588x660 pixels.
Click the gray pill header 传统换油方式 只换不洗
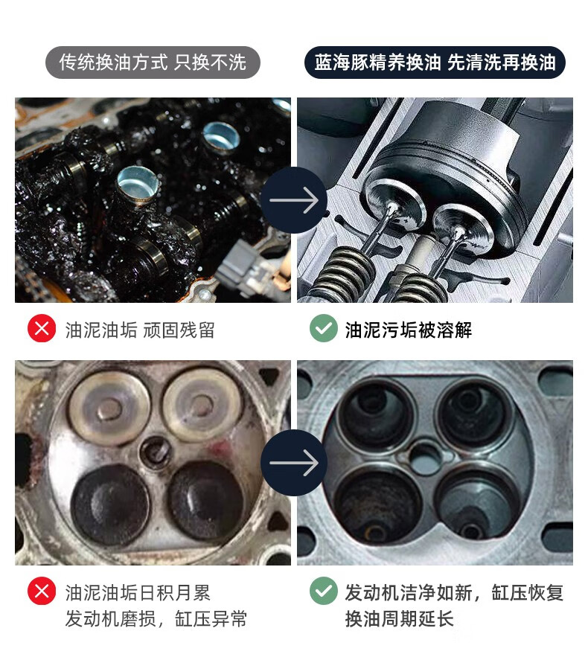click(x=153, y=62)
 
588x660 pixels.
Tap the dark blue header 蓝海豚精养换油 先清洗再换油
click(x=435, y=62)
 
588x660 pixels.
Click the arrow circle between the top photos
click(x=293, y=200)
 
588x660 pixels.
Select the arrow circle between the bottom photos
click(x=293, y=463)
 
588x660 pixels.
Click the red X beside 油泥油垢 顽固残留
click(x=42, y=329)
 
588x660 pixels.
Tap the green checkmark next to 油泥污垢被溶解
click(x=323, y=329)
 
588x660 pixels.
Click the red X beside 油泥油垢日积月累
click(x=42, y=592)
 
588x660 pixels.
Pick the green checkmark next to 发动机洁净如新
click(x=323, y=592)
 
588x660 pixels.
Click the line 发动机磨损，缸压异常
click(x=156, y=619)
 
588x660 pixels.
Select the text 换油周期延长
click(x=399, y=619)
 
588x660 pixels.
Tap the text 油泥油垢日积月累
click(x=138, y=593)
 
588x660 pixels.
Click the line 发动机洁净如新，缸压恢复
click(x=454, y=593)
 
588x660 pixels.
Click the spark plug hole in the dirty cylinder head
click(x=155, y=449)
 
